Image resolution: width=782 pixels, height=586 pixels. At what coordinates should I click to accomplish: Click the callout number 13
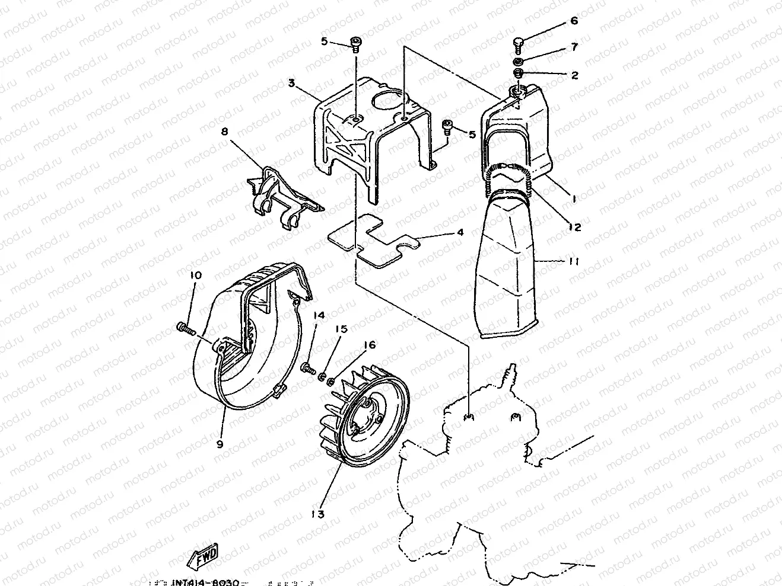coord(318,514)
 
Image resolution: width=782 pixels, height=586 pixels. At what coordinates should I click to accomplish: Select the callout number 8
coord(224,132)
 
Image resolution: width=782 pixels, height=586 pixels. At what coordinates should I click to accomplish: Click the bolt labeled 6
coord(518,43)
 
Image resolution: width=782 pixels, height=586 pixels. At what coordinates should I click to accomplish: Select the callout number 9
coord(220,444)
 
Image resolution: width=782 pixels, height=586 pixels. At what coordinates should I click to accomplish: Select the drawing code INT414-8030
coord(205,581)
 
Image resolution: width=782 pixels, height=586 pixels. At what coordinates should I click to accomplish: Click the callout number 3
coord(291,84)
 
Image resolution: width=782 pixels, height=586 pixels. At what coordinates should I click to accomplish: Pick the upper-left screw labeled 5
coord(355,44)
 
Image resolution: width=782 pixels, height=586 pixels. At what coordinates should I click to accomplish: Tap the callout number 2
coord(574,75)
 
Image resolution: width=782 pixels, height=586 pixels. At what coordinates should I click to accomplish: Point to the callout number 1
coord(574,200)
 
